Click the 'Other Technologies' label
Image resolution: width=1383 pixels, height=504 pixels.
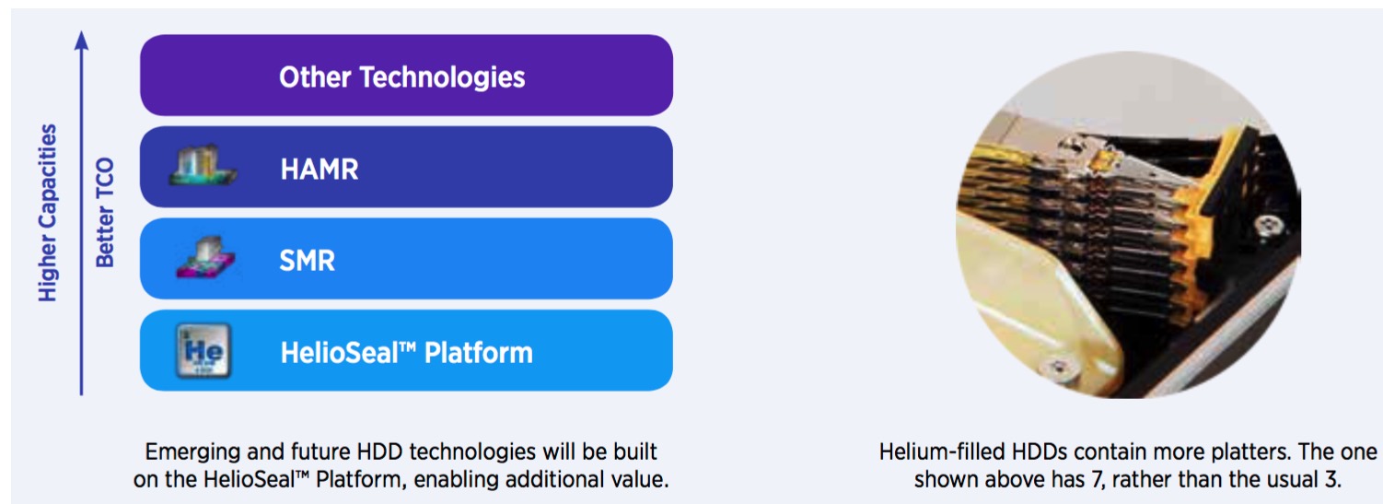point(402,77)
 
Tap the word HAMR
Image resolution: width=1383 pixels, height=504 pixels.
point(320,169)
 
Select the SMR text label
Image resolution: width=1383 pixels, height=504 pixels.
point(307,260)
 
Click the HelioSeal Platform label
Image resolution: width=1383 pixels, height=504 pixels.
point(406,353)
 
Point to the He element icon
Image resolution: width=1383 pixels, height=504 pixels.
point(203,350)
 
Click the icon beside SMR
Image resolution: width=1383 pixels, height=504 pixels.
point(205,258)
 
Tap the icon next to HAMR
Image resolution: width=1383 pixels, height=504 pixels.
point(202,166)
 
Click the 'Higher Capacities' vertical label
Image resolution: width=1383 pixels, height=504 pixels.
point(48,213)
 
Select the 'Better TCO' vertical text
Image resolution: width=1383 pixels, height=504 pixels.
point(105,213)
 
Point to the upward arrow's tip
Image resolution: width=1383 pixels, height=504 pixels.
point(82,31)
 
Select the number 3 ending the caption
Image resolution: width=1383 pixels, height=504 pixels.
point(1333,479)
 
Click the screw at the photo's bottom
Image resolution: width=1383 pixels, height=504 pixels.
point(1058,369)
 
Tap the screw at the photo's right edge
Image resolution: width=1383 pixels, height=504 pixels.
point(1267,226)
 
